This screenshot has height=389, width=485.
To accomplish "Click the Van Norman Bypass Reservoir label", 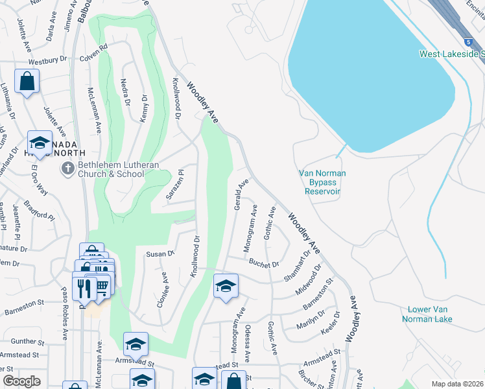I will click(x=322, y=182).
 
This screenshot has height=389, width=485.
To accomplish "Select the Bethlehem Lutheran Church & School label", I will click(x=119, y=169).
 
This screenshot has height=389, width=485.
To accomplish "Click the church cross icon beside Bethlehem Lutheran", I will click(x=67, y=169).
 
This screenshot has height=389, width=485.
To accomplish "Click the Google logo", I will click(x=21, y=381).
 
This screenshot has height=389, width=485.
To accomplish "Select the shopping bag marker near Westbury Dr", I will click(x=27, y=82).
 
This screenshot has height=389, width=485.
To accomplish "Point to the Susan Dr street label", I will click(x=161, y=253).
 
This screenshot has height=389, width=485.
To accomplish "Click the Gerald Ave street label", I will click(x=240, y=194).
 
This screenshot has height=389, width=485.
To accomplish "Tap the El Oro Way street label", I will click(x=40, y=179).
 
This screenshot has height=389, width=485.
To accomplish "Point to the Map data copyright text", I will click(x=457, y=384).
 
